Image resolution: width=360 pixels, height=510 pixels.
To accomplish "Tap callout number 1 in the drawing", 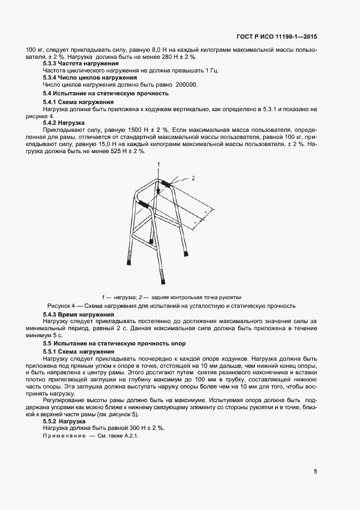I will click(x=159, y=164).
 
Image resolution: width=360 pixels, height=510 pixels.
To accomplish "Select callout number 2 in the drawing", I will click(x=192, y=177).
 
